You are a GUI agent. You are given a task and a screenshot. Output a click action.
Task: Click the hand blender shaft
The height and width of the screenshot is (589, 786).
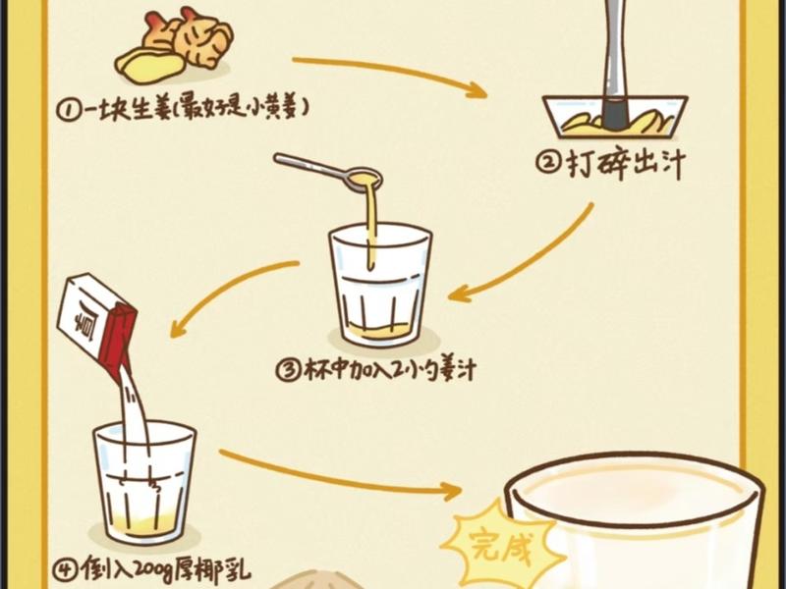[x=616, y=59]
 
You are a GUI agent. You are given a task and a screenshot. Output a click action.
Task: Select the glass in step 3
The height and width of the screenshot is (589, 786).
[x=379, y=285]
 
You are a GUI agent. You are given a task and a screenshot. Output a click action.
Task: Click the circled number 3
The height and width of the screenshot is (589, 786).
[x=288, y=371]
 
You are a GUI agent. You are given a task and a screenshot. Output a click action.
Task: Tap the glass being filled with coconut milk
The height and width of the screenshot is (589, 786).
[x=144, y=481]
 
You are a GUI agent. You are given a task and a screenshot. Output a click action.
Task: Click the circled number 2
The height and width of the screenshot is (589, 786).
[x=550, y=165]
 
